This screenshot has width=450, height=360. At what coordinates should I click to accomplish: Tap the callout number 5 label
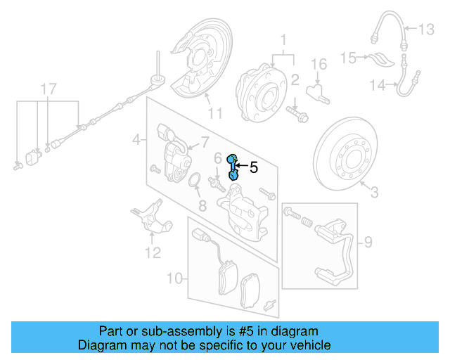click(254, 167)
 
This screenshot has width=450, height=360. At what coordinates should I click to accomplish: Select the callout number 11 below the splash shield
click(214, 113)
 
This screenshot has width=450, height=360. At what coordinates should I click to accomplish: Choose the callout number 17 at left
click(47, 89)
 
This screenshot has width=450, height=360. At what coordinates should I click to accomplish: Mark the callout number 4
click(136, 141)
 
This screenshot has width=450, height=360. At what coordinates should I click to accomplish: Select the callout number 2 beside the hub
click(296, 79)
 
